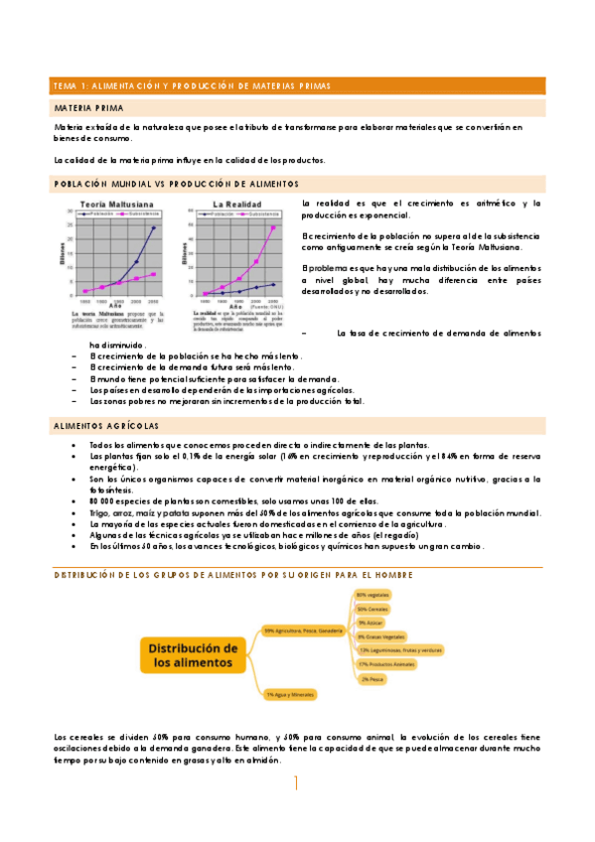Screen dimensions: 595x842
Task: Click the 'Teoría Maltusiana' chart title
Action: point(114,203)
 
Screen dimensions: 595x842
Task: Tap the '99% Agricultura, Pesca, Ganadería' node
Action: point(303,630)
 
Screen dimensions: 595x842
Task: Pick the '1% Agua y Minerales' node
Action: point(288,694)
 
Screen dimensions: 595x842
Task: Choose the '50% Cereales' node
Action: point(372,609)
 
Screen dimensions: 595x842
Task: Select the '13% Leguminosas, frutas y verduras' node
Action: point(399,649)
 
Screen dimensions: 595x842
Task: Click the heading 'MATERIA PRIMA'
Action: point(88,107)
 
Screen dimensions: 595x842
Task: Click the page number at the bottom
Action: point(296,783)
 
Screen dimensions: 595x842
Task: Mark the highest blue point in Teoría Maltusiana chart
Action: point(153,227)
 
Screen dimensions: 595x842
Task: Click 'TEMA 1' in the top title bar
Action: point(72,85)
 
